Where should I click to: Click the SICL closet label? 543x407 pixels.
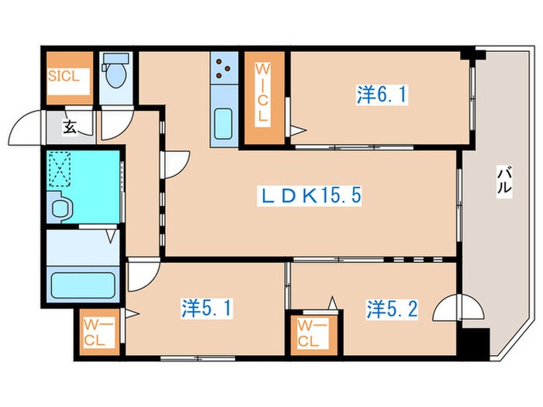tap(64, 76)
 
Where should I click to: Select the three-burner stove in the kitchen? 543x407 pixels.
tap(223, 68)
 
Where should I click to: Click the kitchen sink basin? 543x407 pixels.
tap(223, 123)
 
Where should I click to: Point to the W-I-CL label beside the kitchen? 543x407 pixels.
tap(263, 92)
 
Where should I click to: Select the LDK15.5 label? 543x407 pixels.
tap(310, 196)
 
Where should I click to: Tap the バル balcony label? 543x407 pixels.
tap(504, 181)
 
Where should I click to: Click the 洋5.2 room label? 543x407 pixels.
tap(393, 309)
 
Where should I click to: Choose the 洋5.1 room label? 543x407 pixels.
tap(207, 309)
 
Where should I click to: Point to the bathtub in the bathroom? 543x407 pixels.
tap(83, 285)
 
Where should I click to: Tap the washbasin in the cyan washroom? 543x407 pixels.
tap(61, 208)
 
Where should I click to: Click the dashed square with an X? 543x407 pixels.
tap(59, 165)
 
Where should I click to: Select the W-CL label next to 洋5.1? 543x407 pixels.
tap(95, 333)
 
